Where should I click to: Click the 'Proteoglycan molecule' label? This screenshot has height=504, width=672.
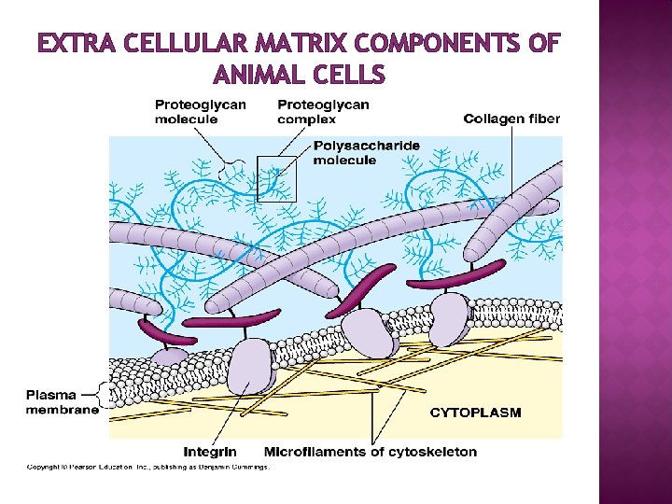(200, 112)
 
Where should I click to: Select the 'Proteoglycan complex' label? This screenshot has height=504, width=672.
(323, 112)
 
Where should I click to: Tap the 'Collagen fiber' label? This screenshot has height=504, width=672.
(512, 119)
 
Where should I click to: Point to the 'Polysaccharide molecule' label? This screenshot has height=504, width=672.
(367, 153)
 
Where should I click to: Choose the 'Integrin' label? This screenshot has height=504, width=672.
(210, 452)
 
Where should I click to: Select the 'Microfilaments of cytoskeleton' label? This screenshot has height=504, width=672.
(371, 452)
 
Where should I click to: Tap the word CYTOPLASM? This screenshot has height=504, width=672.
(475, 412)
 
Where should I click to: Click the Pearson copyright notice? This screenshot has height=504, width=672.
(147, 467)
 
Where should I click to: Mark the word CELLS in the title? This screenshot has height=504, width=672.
(350, 73)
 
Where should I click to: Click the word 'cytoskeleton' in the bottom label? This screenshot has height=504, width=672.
(430, 452)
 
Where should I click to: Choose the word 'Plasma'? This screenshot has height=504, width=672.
(51, 395)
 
